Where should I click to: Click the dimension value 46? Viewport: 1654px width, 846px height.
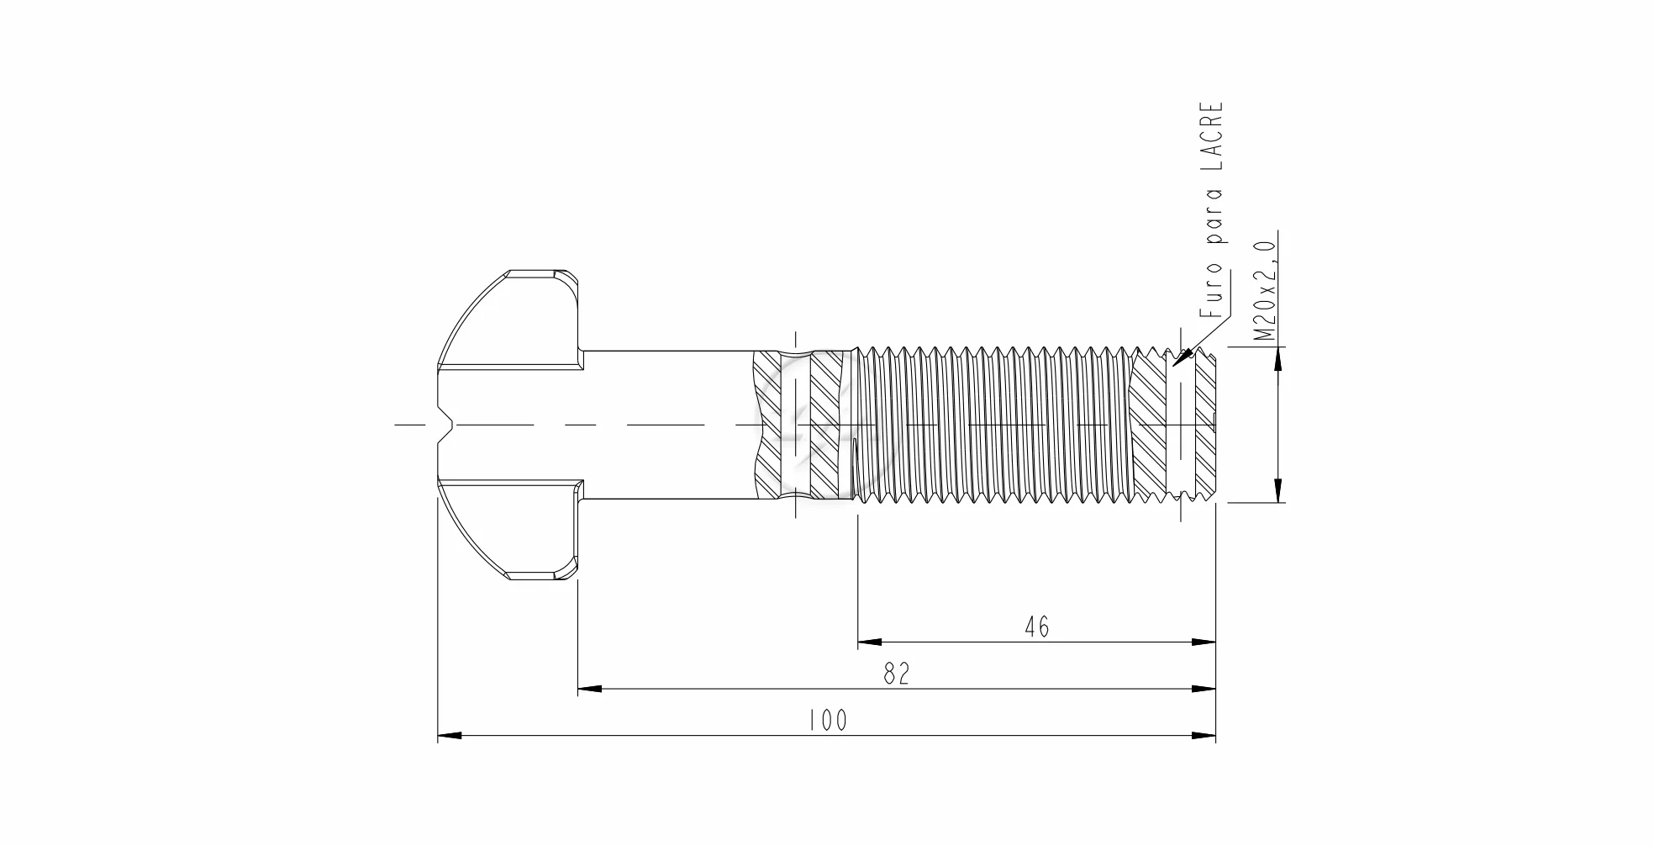pyautogui.click(x=1037, y=627)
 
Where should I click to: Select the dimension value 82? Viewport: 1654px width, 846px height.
pyautogui.click(x=897, y=674)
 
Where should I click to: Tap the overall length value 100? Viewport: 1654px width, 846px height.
pyautogui.click(x=828, y=721)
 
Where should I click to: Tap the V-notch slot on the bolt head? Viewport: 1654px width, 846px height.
pyautogui.click(x=445, y=424)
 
